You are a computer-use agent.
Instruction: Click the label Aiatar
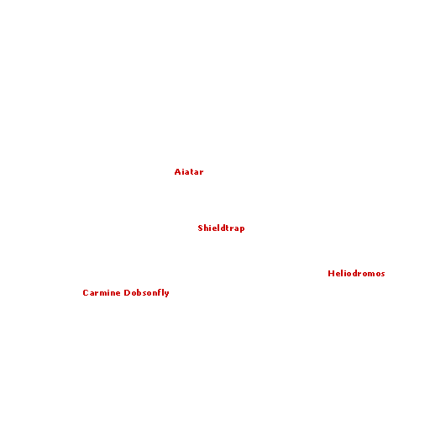[189, 171]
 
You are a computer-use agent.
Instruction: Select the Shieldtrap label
[221, 228]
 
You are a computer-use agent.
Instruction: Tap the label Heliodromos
[356, 273]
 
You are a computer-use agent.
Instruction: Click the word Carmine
[102, 292]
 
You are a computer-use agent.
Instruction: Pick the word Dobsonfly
[146, 293]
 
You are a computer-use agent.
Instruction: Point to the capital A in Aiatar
[177, 171]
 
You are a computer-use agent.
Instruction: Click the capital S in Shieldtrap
[200, 228]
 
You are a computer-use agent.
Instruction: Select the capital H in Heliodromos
[331, 273]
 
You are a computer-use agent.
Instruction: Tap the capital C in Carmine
[86, 292]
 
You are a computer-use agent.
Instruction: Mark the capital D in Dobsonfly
[127, 292]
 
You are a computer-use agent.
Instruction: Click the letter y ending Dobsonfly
[167, 294]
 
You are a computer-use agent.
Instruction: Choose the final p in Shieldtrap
[242, 229]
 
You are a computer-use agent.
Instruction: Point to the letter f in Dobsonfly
[159, 292]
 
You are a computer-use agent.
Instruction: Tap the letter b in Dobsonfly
[139, 292]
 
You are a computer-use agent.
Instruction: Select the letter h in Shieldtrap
[207, 228]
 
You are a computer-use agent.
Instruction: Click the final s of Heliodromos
[383, 275]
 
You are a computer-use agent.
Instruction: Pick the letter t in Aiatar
[191, 171]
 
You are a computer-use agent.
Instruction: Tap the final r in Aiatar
[202, 173]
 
